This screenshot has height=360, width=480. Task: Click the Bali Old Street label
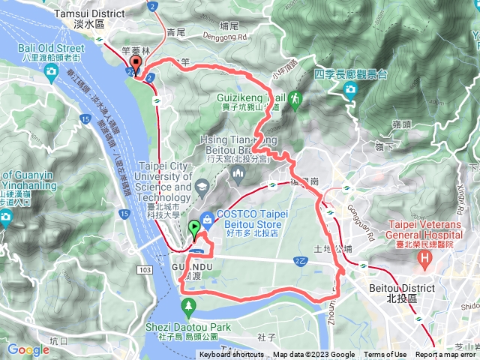click(49, 49)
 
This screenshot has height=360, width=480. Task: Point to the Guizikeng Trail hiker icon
click(295, 98)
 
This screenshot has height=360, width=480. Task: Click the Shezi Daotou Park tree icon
click(188, 305)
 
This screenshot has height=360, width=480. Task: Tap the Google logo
click(28, 349)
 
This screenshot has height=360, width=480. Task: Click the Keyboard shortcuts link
click(231, 355)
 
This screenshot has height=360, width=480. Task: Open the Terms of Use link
click(385, 355)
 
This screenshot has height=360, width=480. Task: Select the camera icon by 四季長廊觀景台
click(350, 91)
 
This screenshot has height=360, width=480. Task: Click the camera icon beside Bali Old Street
click(51, 72)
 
